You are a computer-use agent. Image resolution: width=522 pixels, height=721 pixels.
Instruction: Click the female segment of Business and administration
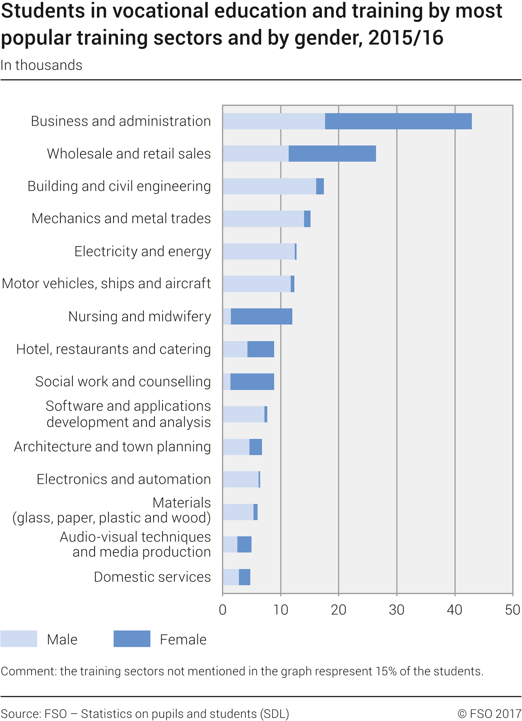pyautogui.click(x=398, y=121)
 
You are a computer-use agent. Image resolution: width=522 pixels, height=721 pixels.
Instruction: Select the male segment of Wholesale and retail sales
pyautogui.click(x=256, y=154)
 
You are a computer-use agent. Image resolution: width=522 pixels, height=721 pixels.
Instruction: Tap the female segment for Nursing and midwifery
pyautogui.click(x=262, y=316)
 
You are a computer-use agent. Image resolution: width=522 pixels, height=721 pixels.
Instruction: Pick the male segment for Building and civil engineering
pyautogui.click(x=269, y=186)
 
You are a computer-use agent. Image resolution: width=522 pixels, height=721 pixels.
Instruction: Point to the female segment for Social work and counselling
pyautogui.click(x=252, y=382)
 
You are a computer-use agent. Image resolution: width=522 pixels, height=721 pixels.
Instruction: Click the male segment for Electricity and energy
pyautogui.click(x=259, y=251)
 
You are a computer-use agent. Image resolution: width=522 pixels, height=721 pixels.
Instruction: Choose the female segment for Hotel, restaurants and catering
pyautogui.click(x=261, y=349)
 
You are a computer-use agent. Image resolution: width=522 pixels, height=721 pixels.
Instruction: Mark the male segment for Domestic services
pyautogui.click(x=231, y=577)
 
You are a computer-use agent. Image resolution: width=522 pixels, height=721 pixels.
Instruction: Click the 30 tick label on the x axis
pyautogui.click(x=397, y=610)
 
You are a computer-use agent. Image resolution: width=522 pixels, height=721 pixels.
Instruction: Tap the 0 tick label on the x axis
pyautogui.click(x=223, y=610)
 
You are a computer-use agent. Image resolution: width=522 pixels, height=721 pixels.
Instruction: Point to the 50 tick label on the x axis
pyautogui.click(x=512, y=610)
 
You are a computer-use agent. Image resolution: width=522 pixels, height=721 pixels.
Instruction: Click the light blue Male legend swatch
pyautogui.click(x=19, y=639)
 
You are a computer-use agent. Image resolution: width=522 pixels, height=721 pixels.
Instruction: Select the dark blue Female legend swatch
pyautogui.click(x=132, y=639)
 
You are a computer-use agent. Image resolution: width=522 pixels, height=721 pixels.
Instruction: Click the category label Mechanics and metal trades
pyautogui.click(x=121, y=219)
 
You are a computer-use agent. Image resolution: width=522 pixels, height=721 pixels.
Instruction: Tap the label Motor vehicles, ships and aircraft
pyautogui.click(x=106, y=284)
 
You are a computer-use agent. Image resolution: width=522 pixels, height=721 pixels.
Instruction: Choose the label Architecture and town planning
pyautogui.click(x=112, y=447)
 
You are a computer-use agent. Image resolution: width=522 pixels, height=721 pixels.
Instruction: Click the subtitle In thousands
pyautogui.click(x=41, y=65)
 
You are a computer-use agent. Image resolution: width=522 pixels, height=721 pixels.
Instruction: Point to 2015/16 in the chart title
pyautogui.click(x=406, y=38)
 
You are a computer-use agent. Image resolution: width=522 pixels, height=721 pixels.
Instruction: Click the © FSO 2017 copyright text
pyautogui.click(x=489, y=714)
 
